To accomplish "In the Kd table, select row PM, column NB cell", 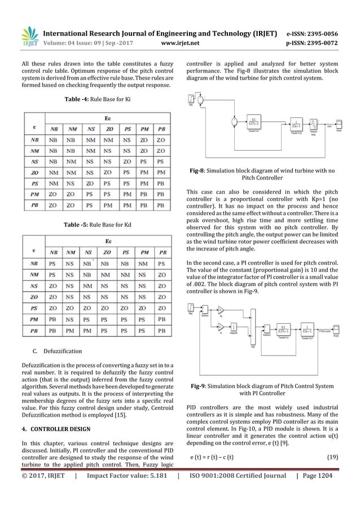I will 52,319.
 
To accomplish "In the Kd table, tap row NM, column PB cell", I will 163,275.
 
